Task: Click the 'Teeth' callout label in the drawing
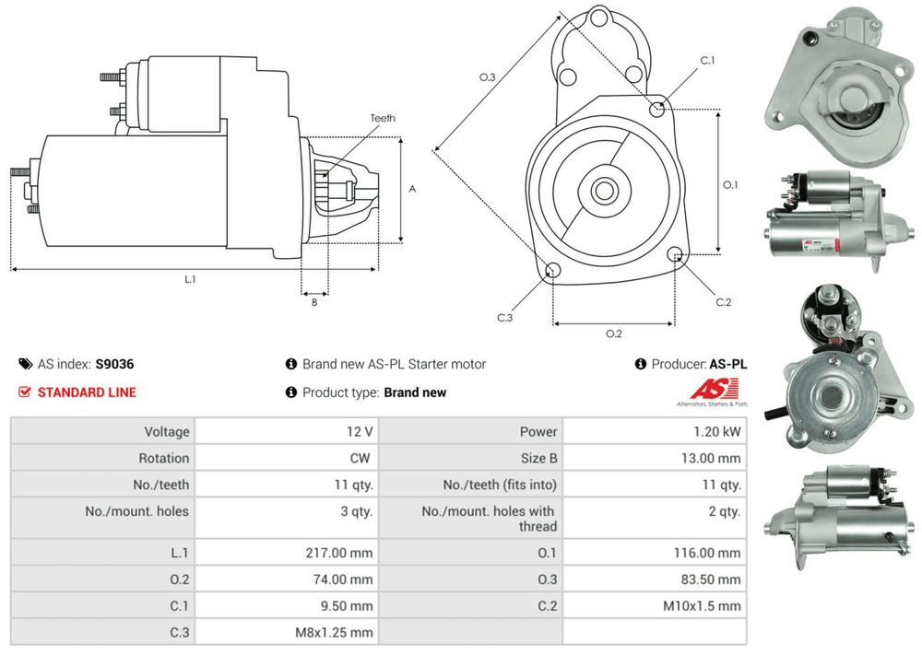[x=383, y=119]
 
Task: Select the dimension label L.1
[x=190, y=279]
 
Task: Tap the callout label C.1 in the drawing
[x=707, y=61]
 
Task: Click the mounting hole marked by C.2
[x=676, y=254]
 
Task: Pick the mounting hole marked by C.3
[x=553, y=270]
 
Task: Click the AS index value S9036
[x=115, y=364]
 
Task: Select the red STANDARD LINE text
[x=87, y=392]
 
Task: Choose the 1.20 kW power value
[x=720, y=431]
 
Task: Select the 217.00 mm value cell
[x=340, y=554]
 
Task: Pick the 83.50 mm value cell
[x=711, y=580]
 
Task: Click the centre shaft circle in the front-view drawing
[x=604, y=192]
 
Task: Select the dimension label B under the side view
[x=313, y=301]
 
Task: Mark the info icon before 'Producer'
[x=641, y=365]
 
